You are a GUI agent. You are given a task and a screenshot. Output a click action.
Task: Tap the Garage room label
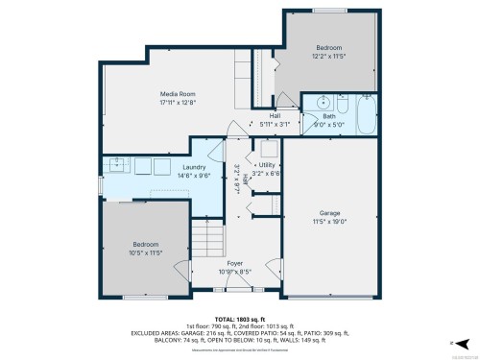pyautogui.click(x=329, y=212)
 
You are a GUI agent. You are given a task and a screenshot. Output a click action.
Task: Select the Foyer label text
pyautogui.click(x=234, y=262)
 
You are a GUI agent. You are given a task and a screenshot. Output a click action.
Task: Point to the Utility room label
pyautogui.click(x=269, y=166)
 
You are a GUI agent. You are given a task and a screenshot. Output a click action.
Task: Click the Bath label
pyautogui.click(x=336, y=115)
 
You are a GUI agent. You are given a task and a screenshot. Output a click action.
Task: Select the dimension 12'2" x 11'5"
pyautogui.click(x=329, y=56)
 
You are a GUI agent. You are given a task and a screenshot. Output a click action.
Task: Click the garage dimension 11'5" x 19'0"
pyautogui.click(x=329, y=221)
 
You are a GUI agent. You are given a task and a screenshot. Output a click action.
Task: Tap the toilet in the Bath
pyautogui.click(x=343, y=100)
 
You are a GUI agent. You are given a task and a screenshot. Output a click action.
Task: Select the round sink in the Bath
pyautogui.click(x=323, y=101)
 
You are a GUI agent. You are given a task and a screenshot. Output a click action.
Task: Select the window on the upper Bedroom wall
pyautogui.click(x=329, y=11)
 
